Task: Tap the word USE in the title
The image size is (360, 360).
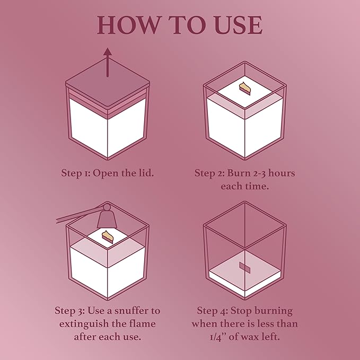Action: click(x=239, y=25)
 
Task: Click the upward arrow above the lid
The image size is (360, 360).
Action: click(x=108, y=62)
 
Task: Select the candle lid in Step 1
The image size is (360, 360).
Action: click(x=108, y=85)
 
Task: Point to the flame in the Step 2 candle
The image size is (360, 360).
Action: click(x=245, y=88)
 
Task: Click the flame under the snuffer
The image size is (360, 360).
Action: click(x=108, y=237)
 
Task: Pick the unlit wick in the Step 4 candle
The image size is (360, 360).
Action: click(x=244, y=267)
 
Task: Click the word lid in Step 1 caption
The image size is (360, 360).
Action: click(x=146, y=173)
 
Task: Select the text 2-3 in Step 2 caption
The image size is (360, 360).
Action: click(x=260, y=173)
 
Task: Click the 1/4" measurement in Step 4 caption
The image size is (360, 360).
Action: click(x=218, y=337)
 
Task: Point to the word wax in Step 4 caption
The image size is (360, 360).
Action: click(x=251, y=337)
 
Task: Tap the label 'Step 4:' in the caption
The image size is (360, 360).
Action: click(x=213, y=311)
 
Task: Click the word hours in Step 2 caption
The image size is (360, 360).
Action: click(x=282, y=173)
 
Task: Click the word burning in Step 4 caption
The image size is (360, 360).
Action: click(x=274, y=311)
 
